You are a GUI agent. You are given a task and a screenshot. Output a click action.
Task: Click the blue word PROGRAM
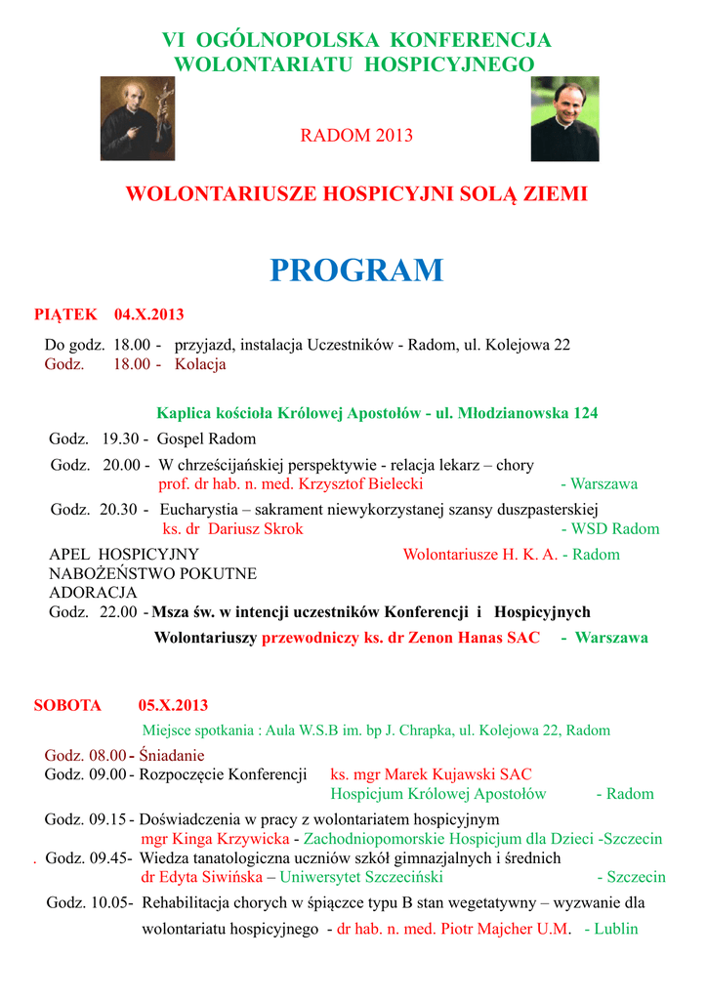coord(356,271)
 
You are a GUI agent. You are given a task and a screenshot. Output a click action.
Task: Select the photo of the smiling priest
coord(564,119)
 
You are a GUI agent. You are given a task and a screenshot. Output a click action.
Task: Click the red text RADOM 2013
coord(356,136)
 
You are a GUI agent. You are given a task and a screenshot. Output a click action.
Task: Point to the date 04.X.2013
coord(148,314)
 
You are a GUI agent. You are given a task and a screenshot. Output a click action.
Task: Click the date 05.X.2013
coord(173,705)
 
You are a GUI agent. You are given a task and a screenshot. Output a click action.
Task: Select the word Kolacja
coord(200,364)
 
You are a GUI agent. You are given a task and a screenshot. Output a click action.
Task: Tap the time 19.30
coord(121,438)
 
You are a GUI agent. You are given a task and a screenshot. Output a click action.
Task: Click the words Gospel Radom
coord(206,438)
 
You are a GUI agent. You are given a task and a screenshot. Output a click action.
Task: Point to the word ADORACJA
coord(94,593)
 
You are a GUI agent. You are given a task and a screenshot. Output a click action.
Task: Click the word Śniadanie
coord(172,755)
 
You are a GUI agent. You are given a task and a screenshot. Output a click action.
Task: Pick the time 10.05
coord(112,903)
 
